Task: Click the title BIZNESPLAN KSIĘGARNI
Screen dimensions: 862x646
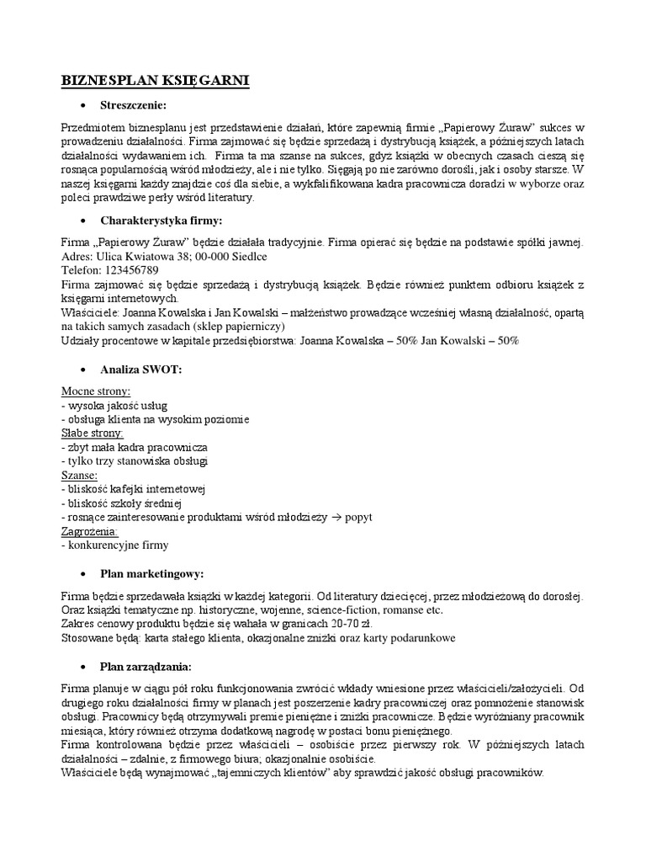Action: point(156,81)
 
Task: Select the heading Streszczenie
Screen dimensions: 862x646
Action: point(134,105)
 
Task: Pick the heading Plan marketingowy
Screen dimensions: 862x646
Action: point(151,573)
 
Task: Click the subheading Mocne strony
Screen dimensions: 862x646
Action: point(95,391)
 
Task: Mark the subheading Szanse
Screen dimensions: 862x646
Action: point(81,475)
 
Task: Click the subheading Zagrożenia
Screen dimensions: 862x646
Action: point(90,531)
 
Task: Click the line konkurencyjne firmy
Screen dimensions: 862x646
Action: point(115,545)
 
